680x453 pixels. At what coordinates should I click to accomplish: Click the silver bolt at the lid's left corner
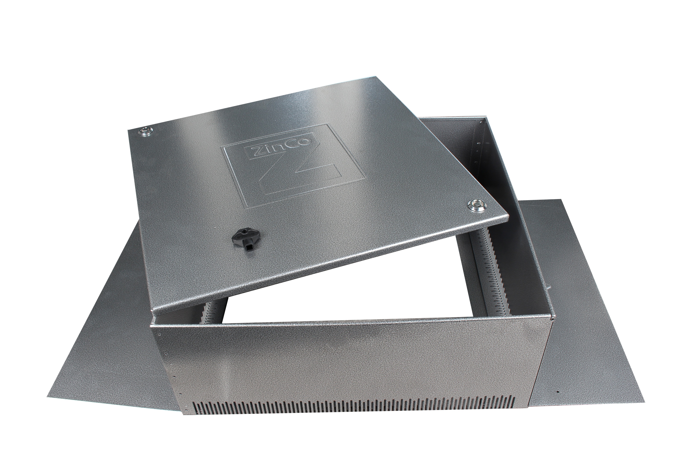tap(144, 132)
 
